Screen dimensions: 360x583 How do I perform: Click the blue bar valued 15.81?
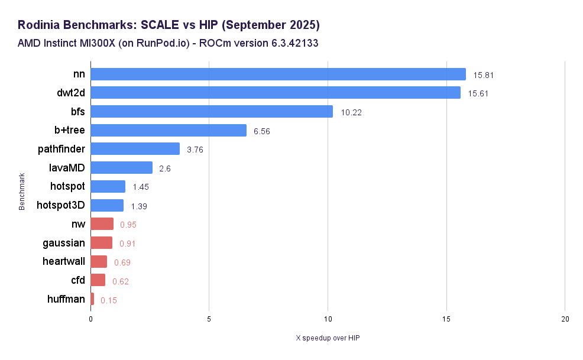[x=278, y=74]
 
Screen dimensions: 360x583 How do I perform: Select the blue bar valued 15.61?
[x=275, y=93]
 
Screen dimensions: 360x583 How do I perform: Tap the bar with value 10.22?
[x=212, y=112]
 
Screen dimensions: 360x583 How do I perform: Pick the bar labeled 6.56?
[x=169, y=131]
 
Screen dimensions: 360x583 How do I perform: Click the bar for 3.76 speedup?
[x=135, y=149]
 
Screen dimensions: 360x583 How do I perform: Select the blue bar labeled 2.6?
[x=121, y=168]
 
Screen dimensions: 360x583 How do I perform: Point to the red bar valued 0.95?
[x=102, y=224]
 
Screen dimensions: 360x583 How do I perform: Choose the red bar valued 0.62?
[x=98, y=280]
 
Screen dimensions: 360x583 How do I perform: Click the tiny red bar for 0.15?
[x=92, y=299]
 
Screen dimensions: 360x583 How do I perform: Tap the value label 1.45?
[x=141, y=187]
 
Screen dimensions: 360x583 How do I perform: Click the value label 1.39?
[x=139, y=206]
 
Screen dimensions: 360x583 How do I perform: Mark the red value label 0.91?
[x=127, y=243]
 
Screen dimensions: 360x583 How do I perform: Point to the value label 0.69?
[x=122, y=262]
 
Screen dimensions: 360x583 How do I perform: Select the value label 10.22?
[x=351, y=112]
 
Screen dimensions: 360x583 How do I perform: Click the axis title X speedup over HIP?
[x=328, y=338]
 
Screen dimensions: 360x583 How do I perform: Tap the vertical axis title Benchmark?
[x=22, y=192]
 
